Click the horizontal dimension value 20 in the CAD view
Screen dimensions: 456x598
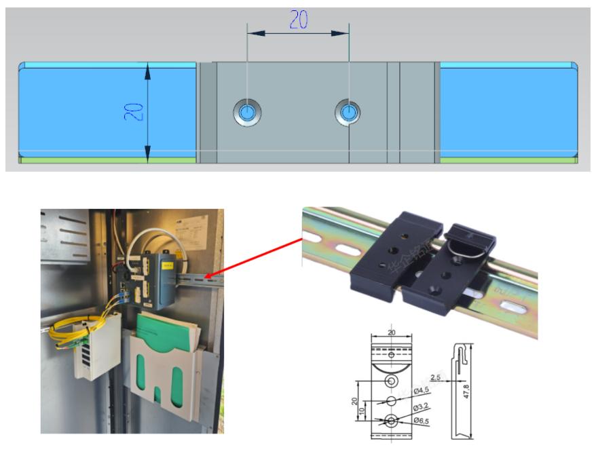(299, 21)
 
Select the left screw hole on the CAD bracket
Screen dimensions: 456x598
(248, 112)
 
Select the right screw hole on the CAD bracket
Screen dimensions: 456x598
(348, 112)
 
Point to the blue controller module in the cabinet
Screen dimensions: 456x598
(167, 271)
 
